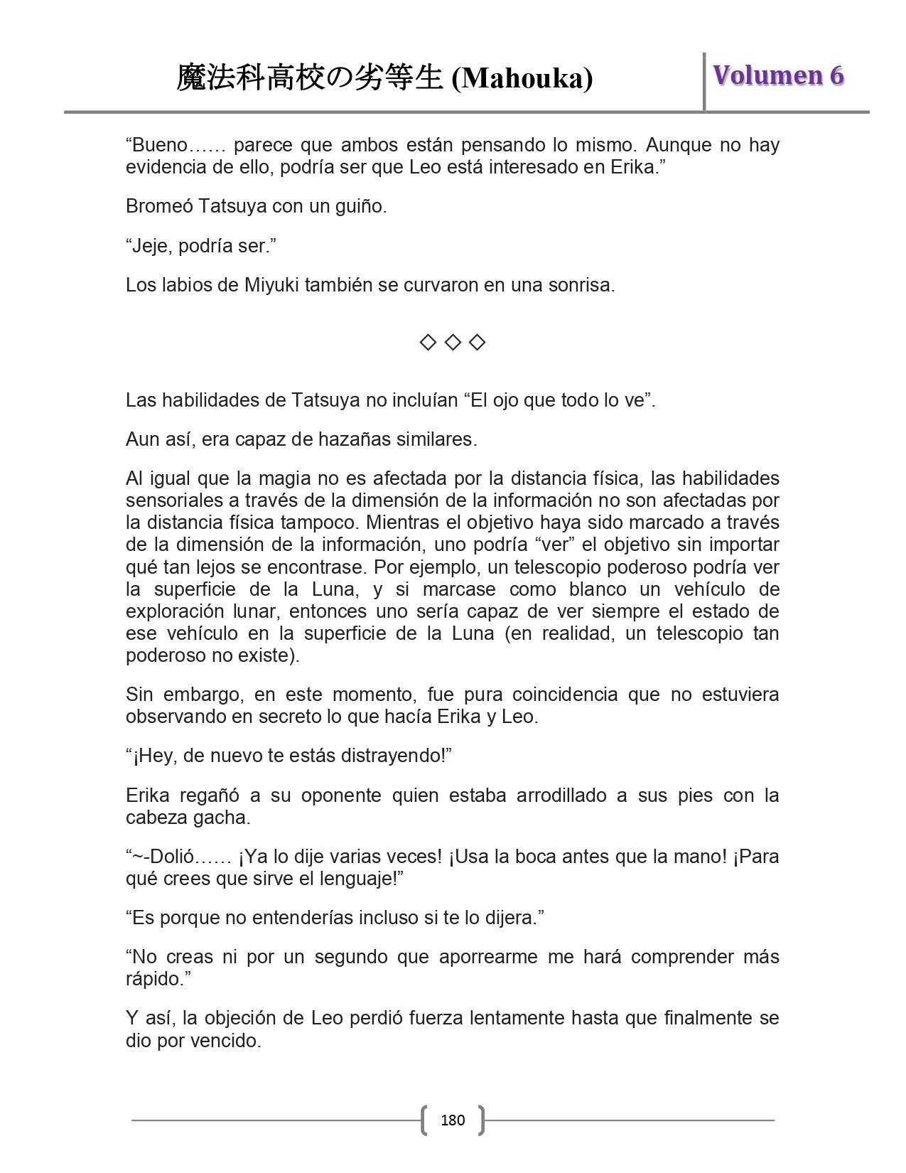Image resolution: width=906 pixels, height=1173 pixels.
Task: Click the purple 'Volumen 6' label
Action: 778,75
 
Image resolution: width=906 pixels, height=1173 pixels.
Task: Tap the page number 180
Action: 453,1120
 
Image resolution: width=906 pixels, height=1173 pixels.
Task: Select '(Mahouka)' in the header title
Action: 522,78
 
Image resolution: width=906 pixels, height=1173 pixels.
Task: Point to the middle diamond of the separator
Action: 453,343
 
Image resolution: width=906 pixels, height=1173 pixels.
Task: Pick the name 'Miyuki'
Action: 271,285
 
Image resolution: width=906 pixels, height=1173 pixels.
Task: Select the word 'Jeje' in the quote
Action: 151,246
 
